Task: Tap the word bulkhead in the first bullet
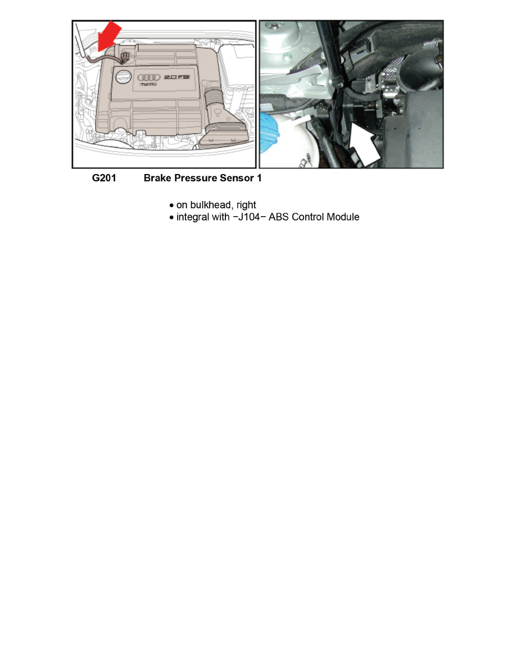tap(211, 205)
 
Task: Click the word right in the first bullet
tap(246, 205)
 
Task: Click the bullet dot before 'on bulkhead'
tap(171, 205)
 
